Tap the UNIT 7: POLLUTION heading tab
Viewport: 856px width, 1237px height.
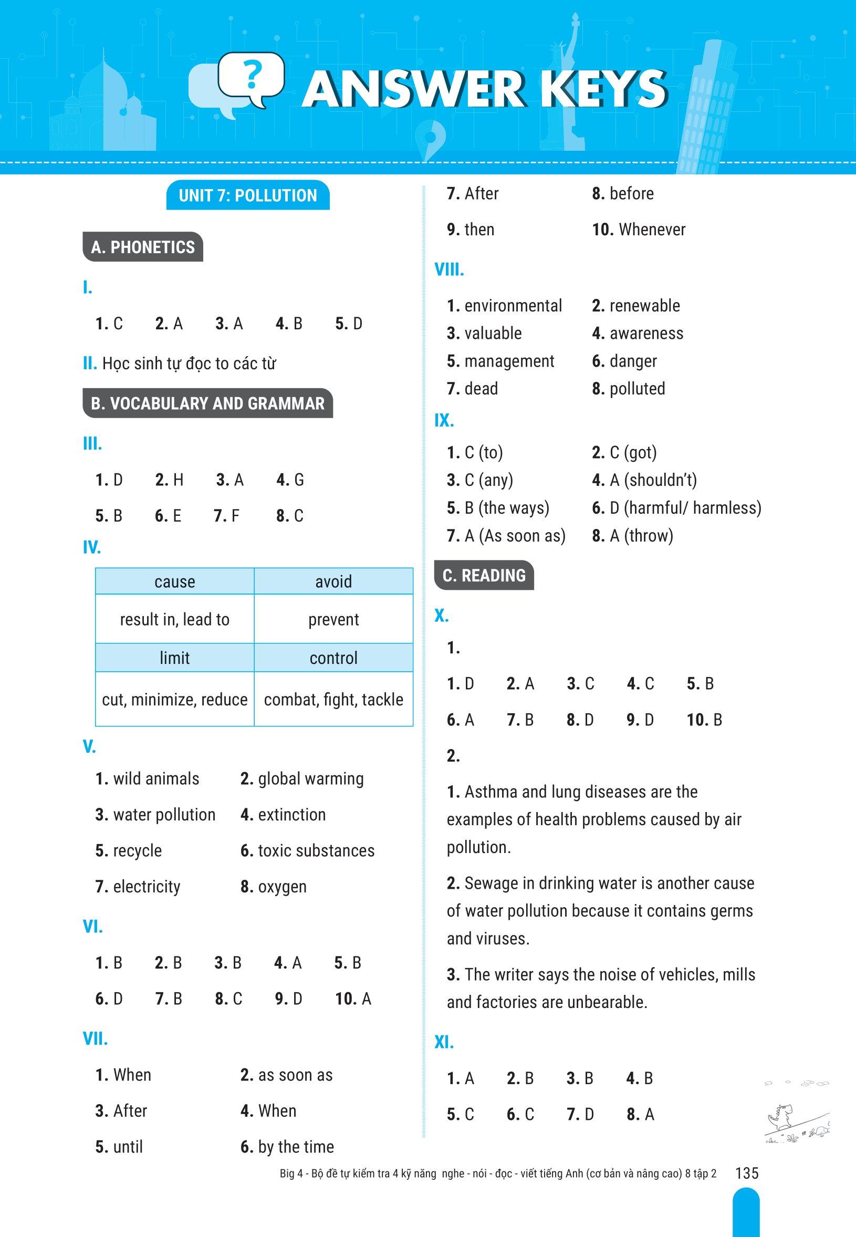click(x=248, y=196)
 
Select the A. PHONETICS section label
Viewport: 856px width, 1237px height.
click(x=143, y=247)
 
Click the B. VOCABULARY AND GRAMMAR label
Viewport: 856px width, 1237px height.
click(x=207, y=403)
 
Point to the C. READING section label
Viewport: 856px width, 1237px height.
click(x=484, y=576)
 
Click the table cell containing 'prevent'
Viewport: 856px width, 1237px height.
click(x=333, y=620)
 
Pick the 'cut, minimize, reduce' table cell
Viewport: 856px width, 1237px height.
click(x=175, y=700)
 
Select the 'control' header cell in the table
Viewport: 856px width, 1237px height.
click(x=333, y=658)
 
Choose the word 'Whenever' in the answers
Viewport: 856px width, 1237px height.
click(x=652, y=230)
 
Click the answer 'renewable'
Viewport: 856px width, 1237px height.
click(x=645, y=306)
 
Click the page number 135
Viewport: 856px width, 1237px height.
click(x=747, y=1173)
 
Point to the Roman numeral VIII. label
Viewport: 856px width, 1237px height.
click(x=449, y=270)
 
